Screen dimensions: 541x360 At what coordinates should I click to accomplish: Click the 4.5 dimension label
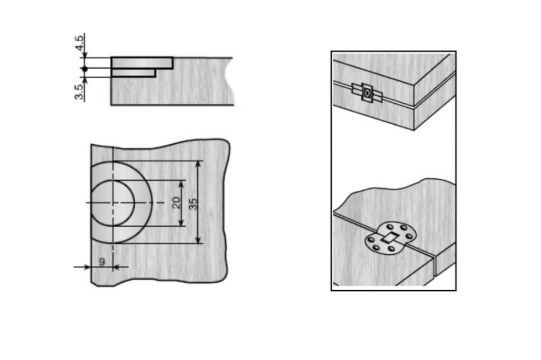coord(79,43)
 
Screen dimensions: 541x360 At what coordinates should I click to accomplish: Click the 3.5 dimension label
coord(79,92)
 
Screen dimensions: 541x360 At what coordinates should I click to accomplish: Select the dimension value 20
coord(176,202)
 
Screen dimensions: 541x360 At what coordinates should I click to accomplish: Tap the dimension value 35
coord(193,204)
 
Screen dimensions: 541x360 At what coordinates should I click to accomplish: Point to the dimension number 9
coord(102,262)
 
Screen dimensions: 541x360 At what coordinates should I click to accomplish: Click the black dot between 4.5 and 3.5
coord(85,69)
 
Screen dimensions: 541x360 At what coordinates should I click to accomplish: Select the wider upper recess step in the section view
coord(142,63)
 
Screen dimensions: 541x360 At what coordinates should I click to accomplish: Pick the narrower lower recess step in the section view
coord(134,73)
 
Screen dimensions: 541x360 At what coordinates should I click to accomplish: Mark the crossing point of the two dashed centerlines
coord(113,202)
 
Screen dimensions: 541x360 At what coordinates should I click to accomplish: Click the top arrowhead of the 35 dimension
coord(198,164)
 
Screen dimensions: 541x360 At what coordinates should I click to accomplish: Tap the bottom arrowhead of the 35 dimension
coord(198,240)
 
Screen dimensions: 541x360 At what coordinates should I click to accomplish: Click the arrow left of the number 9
coord(82,267)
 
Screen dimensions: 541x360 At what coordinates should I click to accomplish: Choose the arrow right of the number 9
coord(121,267)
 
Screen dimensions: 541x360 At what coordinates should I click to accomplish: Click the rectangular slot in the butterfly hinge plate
coord(390,237)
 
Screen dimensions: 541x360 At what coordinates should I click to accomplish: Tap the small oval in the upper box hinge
coord(368,93)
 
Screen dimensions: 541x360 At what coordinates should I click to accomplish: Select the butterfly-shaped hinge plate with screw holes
coord(390,238)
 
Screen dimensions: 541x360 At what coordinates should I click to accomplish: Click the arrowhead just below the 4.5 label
coord(85,55)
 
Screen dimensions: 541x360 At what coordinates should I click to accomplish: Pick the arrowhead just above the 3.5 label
coord(85,80)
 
